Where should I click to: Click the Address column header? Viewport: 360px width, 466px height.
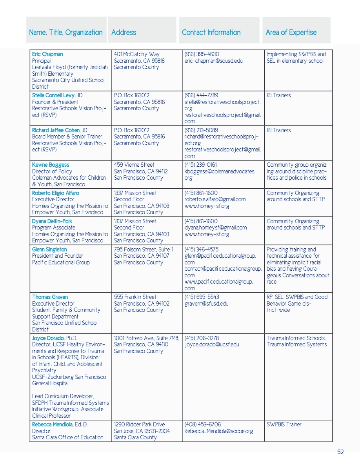tap(124, 33)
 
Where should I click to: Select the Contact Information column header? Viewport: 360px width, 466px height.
tap(211, 33)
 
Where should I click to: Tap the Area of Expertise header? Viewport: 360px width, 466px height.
tap(291, 33)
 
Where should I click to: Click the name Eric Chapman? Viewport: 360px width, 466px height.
tap(47, 55)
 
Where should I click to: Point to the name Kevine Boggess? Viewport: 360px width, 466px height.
tap(51, 165)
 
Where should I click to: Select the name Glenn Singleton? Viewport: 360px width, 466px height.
tap(49, 249)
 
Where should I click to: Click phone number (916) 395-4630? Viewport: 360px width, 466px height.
tap(202, 55)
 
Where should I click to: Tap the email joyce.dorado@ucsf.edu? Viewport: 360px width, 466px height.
tap(212, 345)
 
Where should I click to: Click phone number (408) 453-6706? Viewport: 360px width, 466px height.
tap(202, 424)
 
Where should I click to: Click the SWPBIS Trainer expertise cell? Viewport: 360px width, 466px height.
tap(284, 424)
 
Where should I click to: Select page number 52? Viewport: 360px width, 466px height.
tap(340, 452)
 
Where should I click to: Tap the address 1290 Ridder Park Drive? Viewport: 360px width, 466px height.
tap(139, 424)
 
